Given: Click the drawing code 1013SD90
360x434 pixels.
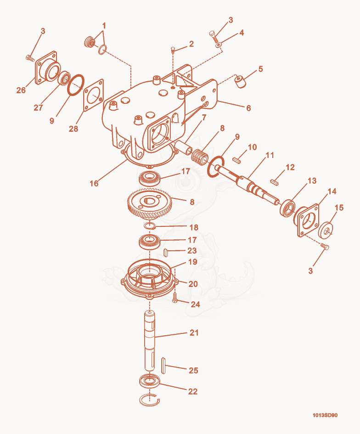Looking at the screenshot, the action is pos(325,415).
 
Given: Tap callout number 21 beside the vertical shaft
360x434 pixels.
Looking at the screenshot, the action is pos(194,333).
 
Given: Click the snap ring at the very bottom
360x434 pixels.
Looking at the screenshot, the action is pos(149,400).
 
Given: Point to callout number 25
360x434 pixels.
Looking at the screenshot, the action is pos(193,370).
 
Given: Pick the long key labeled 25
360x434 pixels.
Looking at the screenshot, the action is pos(163,366).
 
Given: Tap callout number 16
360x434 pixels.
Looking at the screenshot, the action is pos(94,183).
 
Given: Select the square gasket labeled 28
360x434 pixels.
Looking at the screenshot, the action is pos(93,96).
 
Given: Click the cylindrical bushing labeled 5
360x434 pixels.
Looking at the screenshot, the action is pos(240,82).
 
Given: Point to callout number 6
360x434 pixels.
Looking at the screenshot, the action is pos(248,108).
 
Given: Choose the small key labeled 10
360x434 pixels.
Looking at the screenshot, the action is pos(237,159).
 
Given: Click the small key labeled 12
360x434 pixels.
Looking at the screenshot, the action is pos(274,181).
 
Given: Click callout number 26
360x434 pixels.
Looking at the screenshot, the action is pos(21,90).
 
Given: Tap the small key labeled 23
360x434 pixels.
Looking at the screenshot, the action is pos(165,252).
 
